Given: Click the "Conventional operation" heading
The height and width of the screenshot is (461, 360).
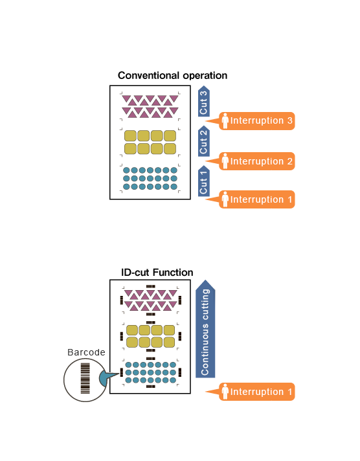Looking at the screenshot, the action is point(172,76).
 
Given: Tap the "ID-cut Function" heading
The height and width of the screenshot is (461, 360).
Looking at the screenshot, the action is point(157,273).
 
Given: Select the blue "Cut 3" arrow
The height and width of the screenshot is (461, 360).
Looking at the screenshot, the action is point(203,101).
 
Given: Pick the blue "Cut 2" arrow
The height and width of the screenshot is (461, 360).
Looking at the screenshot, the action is point(203,141).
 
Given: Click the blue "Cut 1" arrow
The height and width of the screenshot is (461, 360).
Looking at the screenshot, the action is point(203,181).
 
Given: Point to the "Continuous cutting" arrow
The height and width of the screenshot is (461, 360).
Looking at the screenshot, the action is point(205,329).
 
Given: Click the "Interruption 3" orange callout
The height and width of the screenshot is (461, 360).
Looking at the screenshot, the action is point(251,121).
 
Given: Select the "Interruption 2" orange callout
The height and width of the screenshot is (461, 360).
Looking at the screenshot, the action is point(251,161).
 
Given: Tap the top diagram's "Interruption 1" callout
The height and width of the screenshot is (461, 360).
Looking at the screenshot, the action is point(251,199).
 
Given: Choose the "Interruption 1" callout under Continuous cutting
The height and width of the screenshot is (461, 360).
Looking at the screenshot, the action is point(251,392).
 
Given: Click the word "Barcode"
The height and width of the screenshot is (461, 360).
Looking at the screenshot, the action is point(86,352).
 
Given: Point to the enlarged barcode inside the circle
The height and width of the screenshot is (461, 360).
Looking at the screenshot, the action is point(85,378).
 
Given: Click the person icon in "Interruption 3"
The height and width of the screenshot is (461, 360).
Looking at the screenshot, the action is point(225,121).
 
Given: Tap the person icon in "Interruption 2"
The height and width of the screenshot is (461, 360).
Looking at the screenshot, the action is point(225,161).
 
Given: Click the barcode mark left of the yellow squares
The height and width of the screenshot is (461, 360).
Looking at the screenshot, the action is point(122,336).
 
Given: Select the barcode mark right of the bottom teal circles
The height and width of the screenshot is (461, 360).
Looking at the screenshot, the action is point(180,372).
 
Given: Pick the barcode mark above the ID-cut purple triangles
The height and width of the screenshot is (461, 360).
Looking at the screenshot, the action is point(151,286).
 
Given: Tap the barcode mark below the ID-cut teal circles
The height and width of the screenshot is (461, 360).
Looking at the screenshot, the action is point(151,387).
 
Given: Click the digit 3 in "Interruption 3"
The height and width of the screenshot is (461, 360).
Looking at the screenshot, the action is point(289,120).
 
